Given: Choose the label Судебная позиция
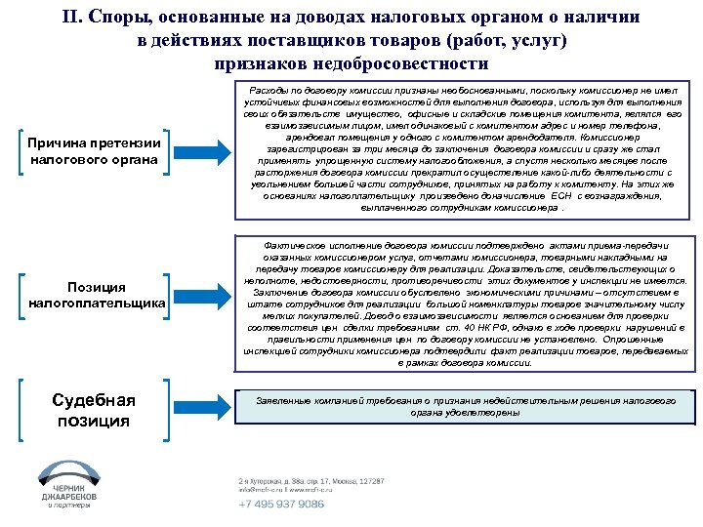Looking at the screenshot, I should (x=94, y=410).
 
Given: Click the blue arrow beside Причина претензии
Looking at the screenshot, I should (x=208, y=151).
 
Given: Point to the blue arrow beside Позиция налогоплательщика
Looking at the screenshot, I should (x=208, y=295).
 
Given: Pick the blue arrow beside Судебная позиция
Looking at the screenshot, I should (x=208, y=408).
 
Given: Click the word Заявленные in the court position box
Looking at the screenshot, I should (x=284, y=401).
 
